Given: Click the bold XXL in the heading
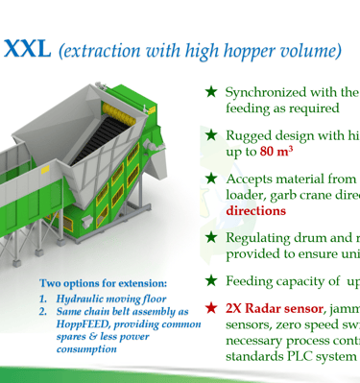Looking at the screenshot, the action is (27, 48).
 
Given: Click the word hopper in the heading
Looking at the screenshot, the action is (251, 51).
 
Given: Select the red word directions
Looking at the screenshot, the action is (255, 211).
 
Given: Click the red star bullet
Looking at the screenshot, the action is (211, 308).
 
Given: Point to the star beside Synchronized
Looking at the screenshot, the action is (211, 92).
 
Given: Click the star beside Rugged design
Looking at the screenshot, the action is (211, 135).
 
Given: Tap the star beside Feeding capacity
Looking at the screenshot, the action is (211, 280).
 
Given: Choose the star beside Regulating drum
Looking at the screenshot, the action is (211, 237).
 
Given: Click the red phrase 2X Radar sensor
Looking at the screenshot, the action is (275, 308).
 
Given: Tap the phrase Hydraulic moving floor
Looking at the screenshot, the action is (111, 299).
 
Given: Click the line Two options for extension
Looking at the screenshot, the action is (104, 283).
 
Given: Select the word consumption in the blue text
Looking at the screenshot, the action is (86, 349).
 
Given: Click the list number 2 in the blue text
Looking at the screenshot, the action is (43, 311).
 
